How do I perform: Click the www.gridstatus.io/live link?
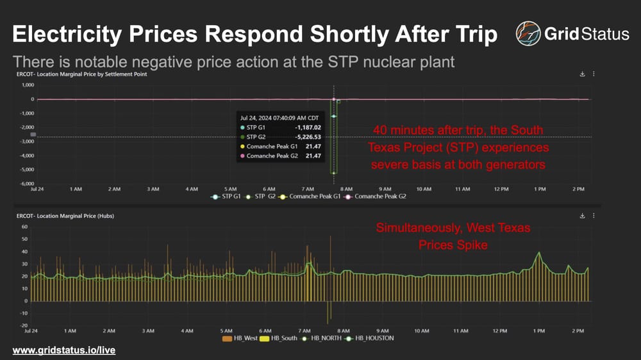pos(63,350)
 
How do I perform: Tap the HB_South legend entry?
pos(281,338)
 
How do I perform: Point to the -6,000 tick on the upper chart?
pos(26,184)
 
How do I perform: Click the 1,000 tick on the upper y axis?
pos(27,85)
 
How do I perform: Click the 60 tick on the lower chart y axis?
pos(24,227)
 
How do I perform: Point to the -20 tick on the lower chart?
pos(23,325)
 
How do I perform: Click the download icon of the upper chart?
pos(582,74)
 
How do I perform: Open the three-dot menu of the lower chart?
pos(594,216)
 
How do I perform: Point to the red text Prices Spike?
pos(453,245)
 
